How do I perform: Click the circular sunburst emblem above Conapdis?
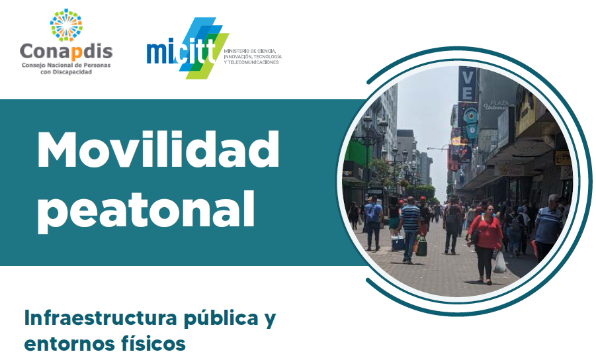coord(66,24)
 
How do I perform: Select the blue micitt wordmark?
coord(181,52)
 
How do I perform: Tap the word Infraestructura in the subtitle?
coord(101,318)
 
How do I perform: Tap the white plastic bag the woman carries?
coord(499,262)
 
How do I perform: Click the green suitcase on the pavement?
coord(421,247)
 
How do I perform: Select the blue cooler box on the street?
coord(398,242)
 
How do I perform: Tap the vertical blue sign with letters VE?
coord(468,83)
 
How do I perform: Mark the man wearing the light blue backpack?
coord(373,223)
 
